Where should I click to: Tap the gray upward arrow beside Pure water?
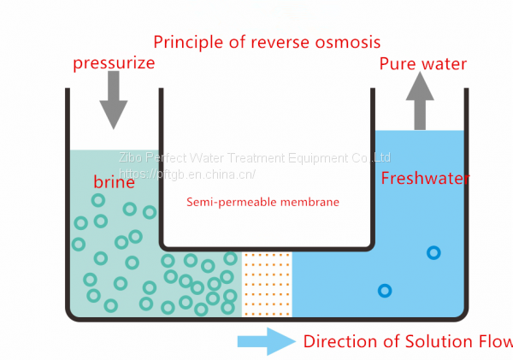pos(421,101)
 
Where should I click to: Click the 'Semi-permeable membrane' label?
pos(262,203)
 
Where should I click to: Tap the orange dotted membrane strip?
pos(267,283)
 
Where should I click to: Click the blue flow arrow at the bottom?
pos(265,342)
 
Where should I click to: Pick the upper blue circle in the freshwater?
pos(433,252)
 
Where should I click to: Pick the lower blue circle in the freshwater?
pos(385,291)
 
